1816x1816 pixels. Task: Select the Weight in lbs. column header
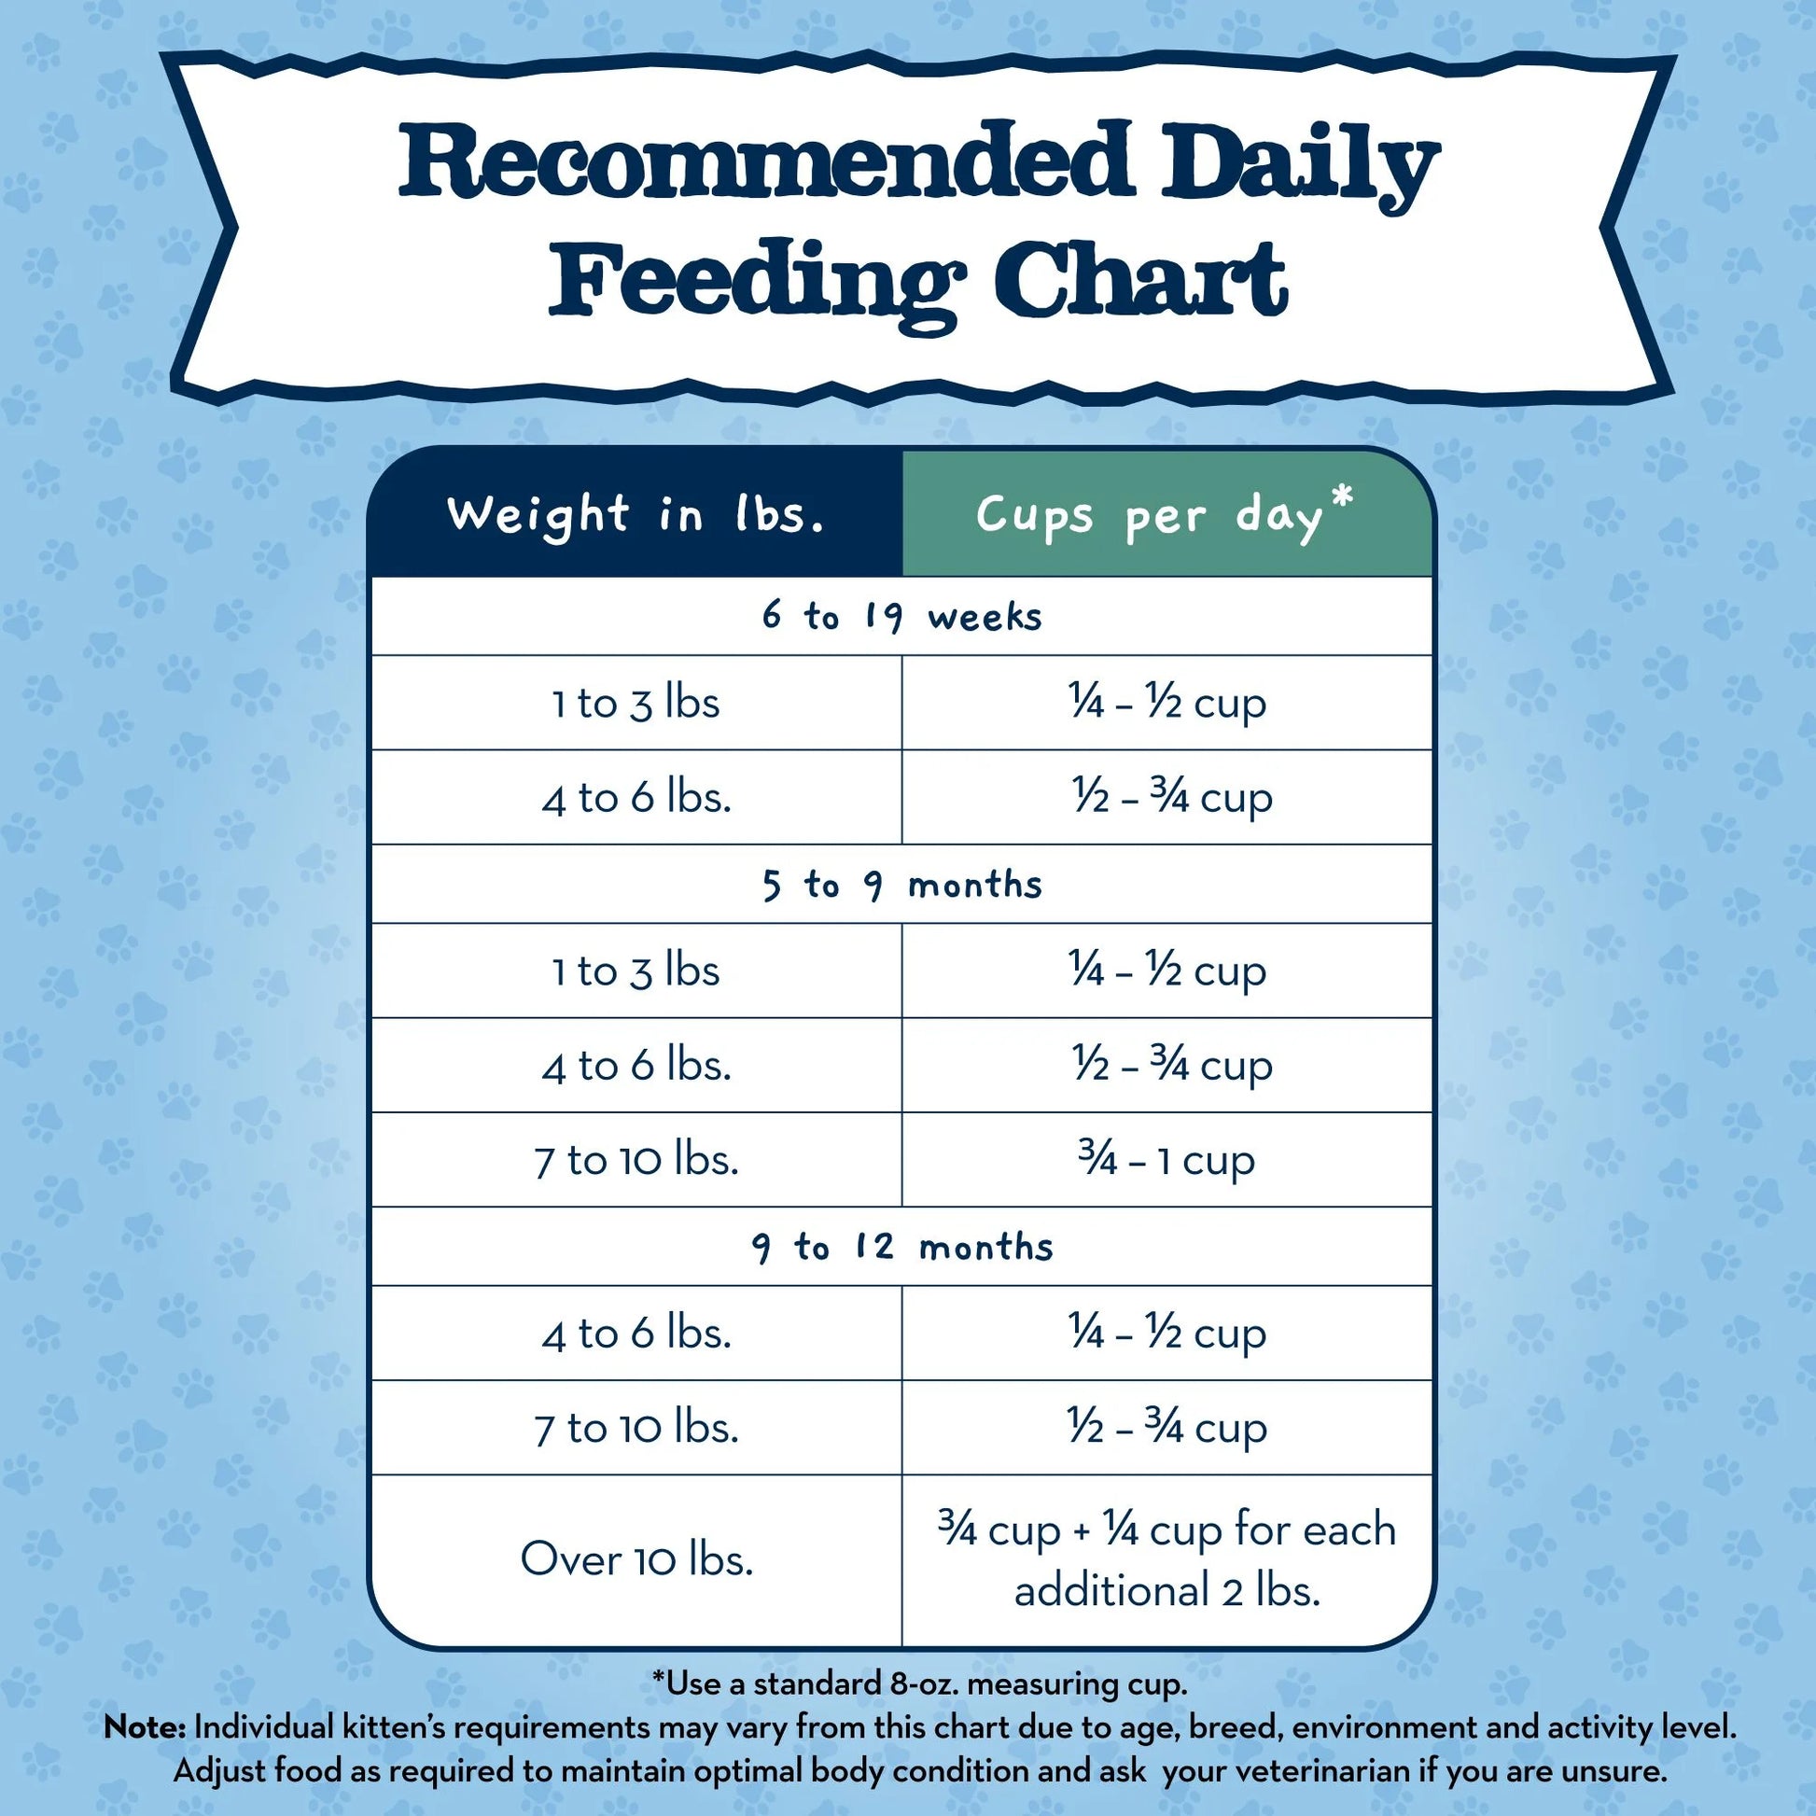point(636,515)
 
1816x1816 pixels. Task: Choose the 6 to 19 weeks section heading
point(901,618)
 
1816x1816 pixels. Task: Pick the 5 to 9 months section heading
point(901,886)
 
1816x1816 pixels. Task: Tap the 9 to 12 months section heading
point(901,1248)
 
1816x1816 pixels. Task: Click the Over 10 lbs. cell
point(636,1559)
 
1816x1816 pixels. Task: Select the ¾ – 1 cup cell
point(1166,1161)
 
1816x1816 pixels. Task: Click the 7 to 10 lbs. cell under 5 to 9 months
point(636,1161)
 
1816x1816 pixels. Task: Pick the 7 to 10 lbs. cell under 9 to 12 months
point(636,1429)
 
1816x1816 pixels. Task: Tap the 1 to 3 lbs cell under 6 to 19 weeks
point(636,704)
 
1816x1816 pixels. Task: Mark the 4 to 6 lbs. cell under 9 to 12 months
point(636,1334)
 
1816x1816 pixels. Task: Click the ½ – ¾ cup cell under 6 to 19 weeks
point(1171,798)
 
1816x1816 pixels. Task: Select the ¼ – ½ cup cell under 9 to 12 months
point(1166,1334)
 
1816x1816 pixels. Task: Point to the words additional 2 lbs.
point(1166,1591)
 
